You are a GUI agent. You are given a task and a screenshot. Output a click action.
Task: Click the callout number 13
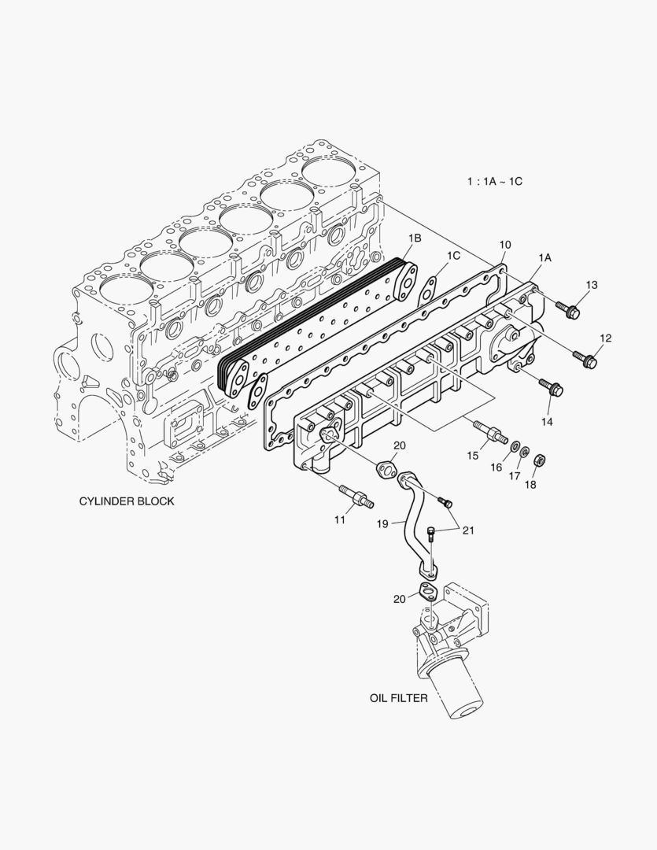click(592, 284)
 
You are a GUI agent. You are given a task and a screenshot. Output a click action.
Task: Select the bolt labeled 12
click(586, 360)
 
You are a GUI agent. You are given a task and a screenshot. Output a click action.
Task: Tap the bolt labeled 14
click(551, 386)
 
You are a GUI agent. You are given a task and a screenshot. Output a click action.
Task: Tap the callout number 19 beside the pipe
click(382, 523)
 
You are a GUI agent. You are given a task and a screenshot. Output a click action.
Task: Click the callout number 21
click(468, 530)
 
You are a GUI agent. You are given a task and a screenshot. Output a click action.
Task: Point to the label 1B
click(414, 238)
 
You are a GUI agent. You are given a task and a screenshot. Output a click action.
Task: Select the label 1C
click(453, 256)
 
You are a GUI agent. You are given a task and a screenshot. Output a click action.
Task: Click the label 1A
click(544, 257)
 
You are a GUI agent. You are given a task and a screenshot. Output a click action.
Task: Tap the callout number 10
click(505, 245)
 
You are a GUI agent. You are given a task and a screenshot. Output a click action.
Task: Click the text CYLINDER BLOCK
click(127, 501)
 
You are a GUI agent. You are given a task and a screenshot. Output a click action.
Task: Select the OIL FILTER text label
click(399, 697)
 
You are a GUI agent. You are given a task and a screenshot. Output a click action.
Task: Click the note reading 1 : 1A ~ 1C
click(494, 181)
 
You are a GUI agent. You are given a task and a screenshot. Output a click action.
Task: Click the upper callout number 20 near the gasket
click(399, 445)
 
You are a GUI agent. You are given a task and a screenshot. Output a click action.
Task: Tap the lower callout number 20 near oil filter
click(400, 599)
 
